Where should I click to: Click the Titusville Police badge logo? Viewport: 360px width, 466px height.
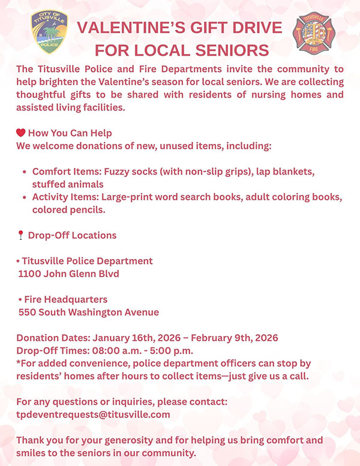49,32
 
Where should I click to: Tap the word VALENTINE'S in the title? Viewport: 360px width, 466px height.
131,28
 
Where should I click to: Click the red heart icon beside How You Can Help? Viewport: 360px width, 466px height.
20,133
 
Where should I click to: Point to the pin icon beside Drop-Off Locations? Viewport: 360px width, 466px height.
20,235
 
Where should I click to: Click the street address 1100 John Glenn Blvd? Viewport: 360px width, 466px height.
69,274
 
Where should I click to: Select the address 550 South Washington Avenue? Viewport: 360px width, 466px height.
89,312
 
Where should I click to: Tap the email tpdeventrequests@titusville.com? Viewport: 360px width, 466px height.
93,414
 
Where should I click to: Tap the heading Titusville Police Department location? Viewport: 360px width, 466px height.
87,261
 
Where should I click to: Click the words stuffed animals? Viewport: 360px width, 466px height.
68,184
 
